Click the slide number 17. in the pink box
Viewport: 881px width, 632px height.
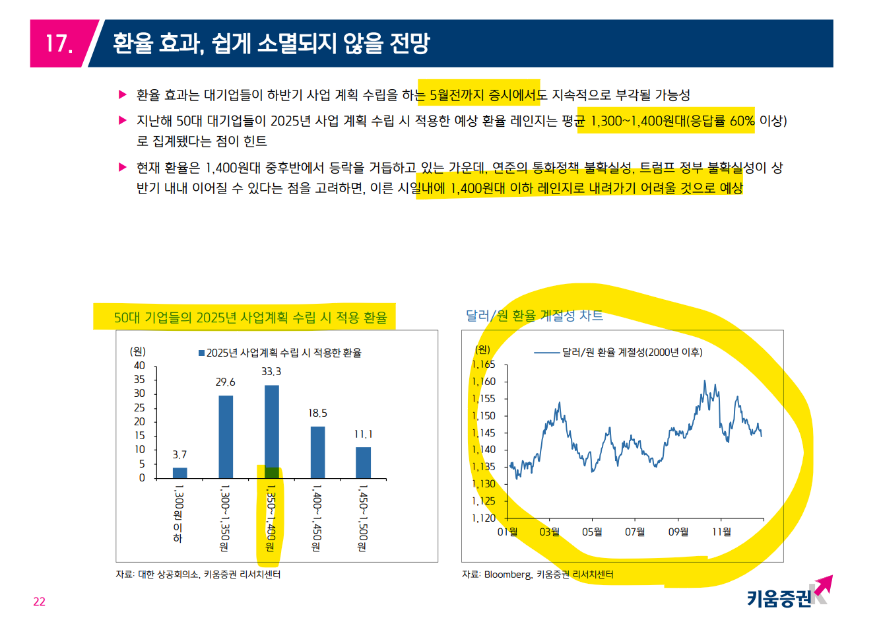click(59, 44)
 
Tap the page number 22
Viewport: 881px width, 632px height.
click(40, 602)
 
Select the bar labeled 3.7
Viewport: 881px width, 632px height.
click(179, 473)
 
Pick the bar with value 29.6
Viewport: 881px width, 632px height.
click(226, 437)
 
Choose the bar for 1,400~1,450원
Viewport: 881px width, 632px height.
click(317, 452)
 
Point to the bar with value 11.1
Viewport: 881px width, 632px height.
click(363, 462)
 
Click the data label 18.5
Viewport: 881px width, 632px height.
click(317, 413)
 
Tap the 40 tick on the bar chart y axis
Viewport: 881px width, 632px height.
click(139, 366)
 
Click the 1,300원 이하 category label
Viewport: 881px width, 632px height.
click(178, 514)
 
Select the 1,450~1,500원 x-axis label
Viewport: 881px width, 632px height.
click(362, 518)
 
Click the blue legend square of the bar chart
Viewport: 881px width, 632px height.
click(201, 353)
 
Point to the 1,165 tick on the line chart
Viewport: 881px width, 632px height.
click(484, 365)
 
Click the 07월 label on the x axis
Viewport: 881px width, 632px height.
click(635, 532)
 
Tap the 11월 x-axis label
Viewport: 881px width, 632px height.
click(721, 532)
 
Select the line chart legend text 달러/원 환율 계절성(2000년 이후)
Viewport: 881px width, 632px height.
click(632, 353)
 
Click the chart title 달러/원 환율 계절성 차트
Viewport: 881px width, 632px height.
click(535, 316)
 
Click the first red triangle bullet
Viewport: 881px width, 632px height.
click(122, 95)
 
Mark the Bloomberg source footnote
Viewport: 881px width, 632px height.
click(538, 575)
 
